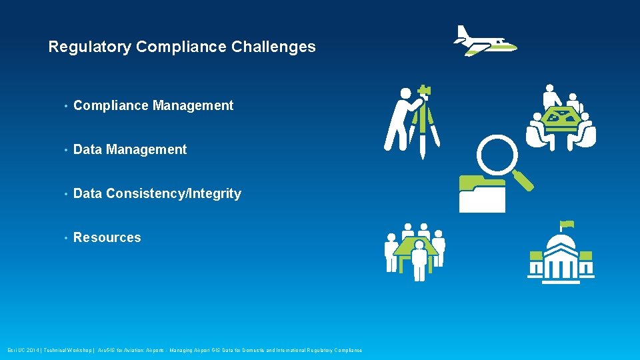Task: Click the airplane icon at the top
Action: click(485, 41)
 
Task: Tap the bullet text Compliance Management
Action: click(153, 105)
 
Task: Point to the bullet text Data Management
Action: click(130, 149)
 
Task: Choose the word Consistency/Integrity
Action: click(173, 193)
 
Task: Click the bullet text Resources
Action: click(107, 237)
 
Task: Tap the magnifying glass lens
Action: click(497, 155)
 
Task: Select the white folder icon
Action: click(481, 195)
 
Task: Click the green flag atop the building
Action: click(567, 223)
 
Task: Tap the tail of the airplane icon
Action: click(463, 32)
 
